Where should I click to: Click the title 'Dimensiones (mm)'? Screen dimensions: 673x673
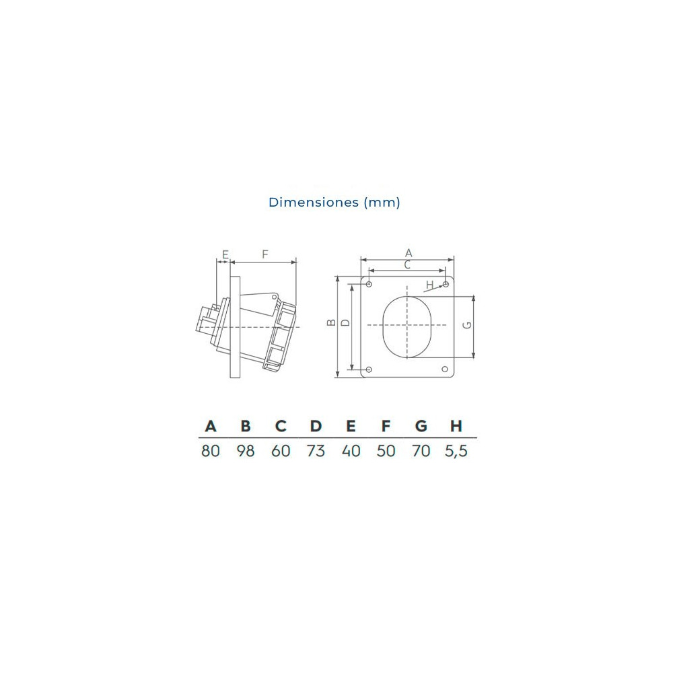coord(334,202)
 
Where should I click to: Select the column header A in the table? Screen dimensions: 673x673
coord(211,426)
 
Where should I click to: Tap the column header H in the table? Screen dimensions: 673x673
coord(456,426)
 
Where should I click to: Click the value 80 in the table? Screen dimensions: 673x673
coord(211,451)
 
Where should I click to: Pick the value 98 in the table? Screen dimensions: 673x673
coord(246,451)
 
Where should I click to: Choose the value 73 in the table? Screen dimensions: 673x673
coord(316,451)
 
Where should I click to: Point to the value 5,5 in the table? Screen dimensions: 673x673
coord(456,451)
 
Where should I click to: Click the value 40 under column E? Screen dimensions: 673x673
coord(351,451)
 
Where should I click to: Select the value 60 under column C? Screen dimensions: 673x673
coord(281,451)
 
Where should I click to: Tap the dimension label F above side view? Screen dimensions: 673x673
coord(264,254)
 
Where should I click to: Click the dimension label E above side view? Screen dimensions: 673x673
coord(225,254)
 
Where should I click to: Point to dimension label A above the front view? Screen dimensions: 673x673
coord(408,252)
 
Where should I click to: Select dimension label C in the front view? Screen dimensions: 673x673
coord(407,265)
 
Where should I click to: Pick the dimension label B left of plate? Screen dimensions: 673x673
coord(330,322)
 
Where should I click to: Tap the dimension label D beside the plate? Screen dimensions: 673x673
coord(345,322)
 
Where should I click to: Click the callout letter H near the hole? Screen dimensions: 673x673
coord(429,285)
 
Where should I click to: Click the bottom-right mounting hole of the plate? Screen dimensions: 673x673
coord(445,369)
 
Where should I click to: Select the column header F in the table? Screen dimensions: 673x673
coord(386,426)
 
